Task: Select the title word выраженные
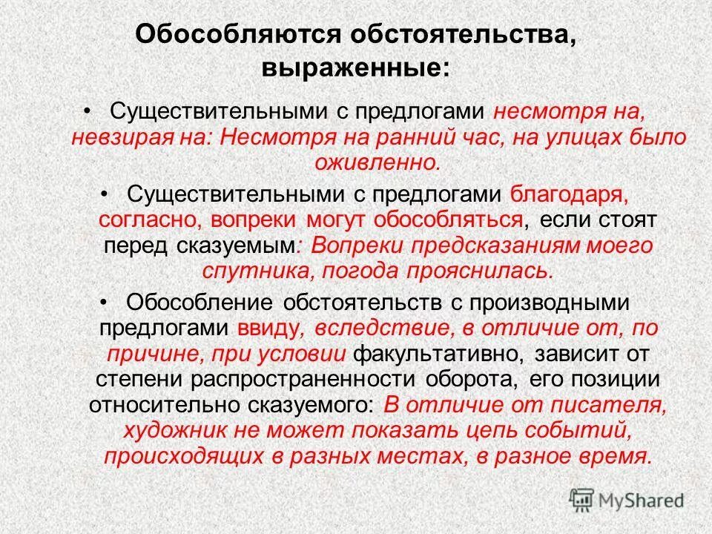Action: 355,68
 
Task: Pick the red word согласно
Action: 148,220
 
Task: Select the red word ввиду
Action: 267,327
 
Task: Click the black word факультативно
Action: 436,352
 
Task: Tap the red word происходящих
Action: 190,455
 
